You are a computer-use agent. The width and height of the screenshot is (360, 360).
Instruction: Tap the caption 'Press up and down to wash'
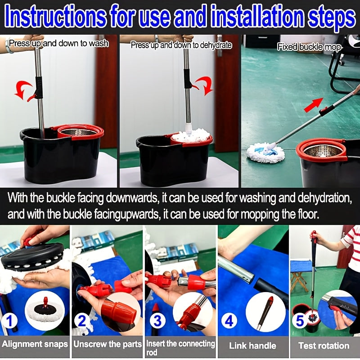coord(59,43)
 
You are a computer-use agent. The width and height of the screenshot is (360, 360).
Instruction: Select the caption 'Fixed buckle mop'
coord(309,47)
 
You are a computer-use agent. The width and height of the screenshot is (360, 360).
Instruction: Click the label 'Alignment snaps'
coord(35,344)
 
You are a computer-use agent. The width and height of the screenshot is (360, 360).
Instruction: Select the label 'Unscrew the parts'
coord(108,344)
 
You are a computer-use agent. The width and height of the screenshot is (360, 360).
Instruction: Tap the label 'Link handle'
coord(252,346)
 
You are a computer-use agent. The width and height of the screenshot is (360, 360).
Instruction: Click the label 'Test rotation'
coord(324,346)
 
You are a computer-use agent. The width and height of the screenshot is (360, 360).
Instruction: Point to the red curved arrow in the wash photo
coord(23,88)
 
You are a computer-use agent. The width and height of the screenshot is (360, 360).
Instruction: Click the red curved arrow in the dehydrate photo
coord(205,85)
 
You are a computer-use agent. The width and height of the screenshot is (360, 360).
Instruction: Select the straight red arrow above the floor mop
coord(314,105)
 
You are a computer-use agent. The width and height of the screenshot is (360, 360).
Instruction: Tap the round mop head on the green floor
coord(265,152)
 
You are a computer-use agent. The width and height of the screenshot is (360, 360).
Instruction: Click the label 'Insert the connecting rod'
coord(181,347)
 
